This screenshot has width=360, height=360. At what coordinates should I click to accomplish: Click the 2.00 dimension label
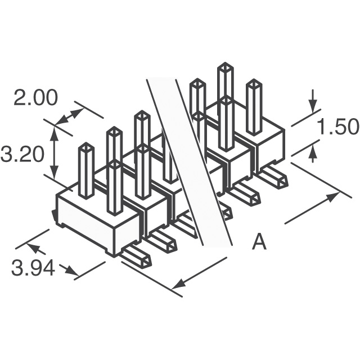click(x=35, y=98)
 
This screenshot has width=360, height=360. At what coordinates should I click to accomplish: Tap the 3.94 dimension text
click(x=33, y=268)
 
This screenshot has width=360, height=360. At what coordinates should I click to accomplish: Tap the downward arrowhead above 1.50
click(x=313, y=107)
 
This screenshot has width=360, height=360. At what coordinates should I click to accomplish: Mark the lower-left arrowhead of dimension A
click(x=179, y=283)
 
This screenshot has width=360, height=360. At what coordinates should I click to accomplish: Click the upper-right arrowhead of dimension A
click(x=334, y=196)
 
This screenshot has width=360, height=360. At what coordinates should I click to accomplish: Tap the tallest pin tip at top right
click(x=226, y=66)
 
